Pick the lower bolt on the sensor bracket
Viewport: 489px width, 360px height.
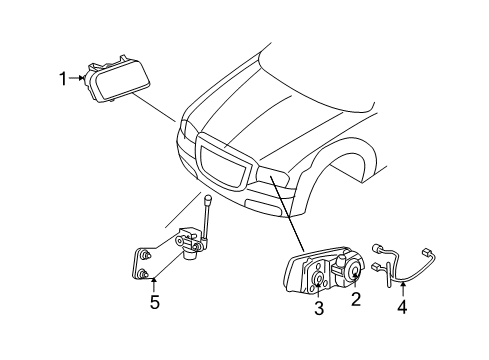[146, 275]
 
